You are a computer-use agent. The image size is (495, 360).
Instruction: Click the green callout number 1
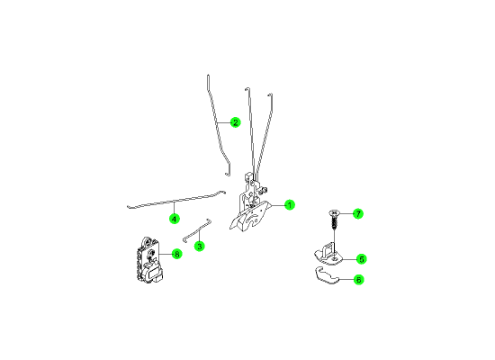tap(290, 205)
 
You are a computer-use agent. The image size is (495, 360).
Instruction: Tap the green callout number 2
tap(235, 122)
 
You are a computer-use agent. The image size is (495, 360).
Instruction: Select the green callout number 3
tap(199, 246)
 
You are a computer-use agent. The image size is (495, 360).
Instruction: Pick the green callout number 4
tap(175, 219)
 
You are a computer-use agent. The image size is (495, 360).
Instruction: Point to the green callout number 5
tap(362, 259)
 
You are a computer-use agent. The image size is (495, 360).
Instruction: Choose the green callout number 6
tap(358, 280)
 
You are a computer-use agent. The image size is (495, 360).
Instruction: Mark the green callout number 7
tap(358, 214)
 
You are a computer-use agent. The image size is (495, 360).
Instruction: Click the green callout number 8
tap(177, 254)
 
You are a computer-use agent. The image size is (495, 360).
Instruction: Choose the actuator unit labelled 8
tap(149, 259)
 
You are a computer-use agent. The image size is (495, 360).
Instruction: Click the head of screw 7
tap(334, 212)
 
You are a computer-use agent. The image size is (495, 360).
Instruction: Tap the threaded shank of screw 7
tap(334, 223)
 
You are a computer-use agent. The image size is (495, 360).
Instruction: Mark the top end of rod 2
tap(208, 76)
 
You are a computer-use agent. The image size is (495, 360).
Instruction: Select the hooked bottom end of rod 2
tap(228, 174)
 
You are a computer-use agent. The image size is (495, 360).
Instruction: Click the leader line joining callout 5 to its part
tap(349, 259)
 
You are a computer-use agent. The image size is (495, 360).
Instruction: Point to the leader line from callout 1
tap(277, 205)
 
